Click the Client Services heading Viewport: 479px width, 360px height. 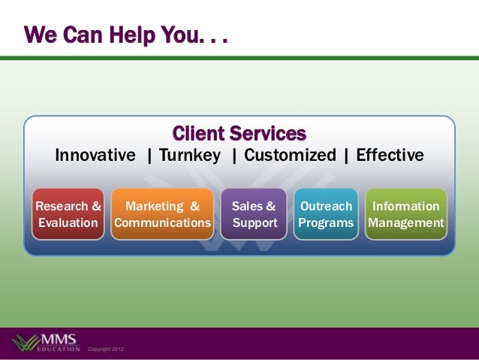pyautogui.click(x=239, y=135)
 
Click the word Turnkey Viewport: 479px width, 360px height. pyautogui.click(x=189, y=156)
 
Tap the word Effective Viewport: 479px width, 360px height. pyautogui.click(x=390, y=156)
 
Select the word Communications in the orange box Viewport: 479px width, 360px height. pyautogui.click(x=162, y=223)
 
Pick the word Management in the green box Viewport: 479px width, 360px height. pyautogui.click(x=405, y=223)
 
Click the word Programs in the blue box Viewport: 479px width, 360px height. pyautogui.click(x=325, y=223)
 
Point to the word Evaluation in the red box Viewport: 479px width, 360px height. pyautogui.click(x=68, y=223)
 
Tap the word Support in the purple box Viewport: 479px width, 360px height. pyautogui.click(x=255, y=223)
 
